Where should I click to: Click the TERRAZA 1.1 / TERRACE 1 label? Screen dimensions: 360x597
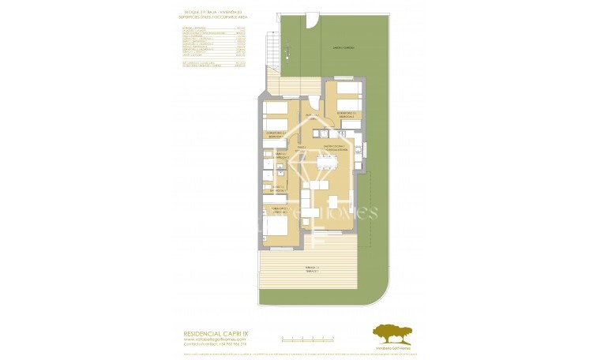[x=311, y=269]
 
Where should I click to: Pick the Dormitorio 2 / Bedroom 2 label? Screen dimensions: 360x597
[x=275, y=134]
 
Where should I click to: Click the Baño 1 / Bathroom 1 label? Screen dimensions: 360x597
[x=275, y=189]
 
